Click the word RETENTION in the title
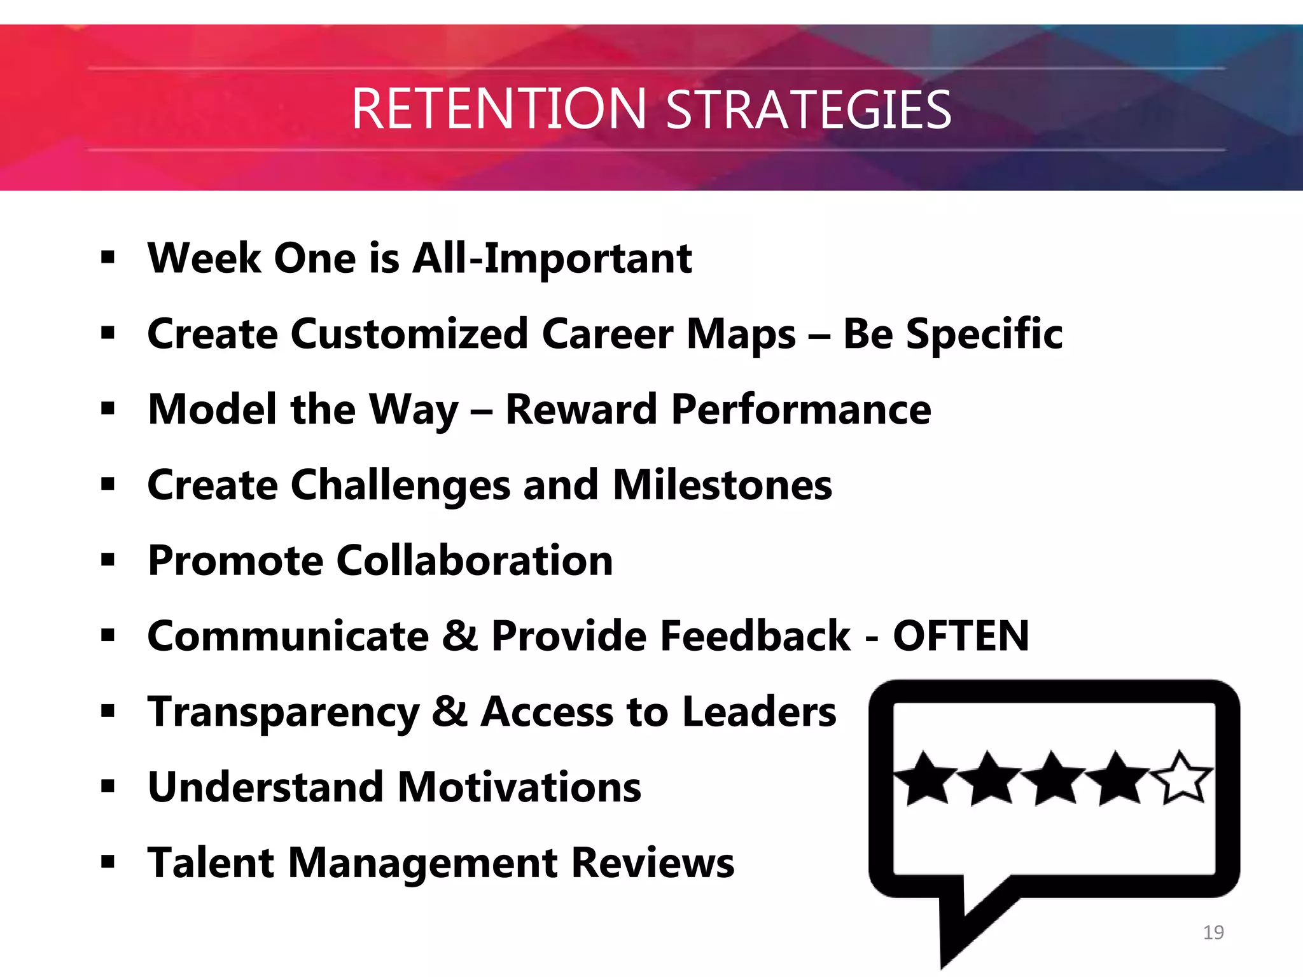pos(498,109)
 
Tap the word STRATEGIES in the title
pos(808,109)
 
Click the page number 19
pos(1213,932)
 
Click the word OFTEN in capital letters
pos(961,636)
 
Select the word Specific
pos(984,335)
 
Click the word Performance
pos(801,410)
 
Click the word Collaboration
pos(475,561)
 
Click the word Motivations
pos(519,787)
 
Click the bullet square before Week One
pos(108,258)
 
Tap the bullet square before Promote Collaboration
pos(108,560)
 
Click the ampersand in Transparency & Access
pos(449,712)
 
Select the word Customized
pos(409,335)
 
